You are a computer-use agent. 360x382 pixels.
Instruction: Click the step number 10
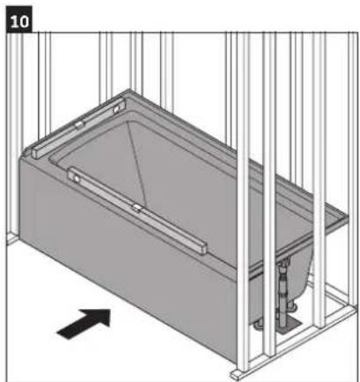click(x=18, y=18)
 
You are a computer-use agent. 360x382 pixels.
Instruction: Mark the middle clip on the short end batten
click(x=78, y=126)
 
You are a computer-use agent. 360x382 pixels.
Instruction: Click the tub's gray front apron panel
click(x=123, y=264)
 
